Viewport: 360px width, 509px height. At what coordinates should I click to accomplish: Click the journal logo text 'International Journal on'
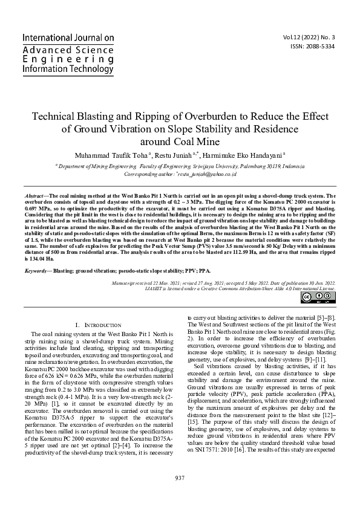68,38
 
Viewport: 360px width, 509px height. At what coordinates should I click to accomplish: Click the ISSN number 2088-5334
317,47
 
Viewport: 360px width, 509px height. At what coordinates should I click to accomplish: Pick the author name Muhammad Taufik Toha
111,155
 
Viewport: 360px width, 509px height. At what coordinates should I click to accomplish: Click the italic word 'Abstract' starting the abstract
34,180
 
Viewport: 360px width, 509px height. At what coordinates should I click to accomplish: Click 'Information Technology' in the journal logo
68,70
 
